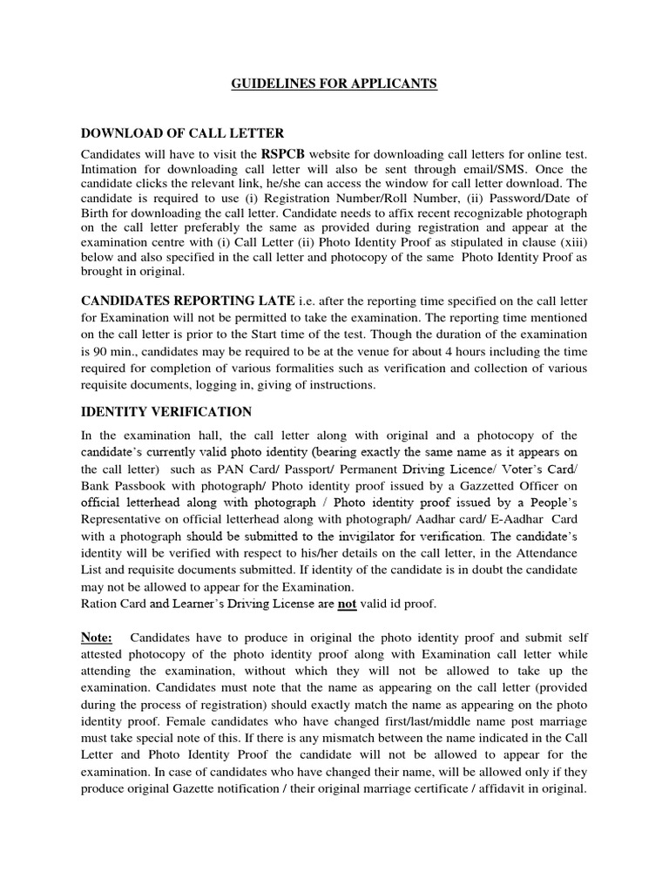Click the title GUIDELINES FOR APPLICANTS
(334, 84)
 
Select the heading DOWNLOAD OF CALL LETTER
(182, 133)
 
